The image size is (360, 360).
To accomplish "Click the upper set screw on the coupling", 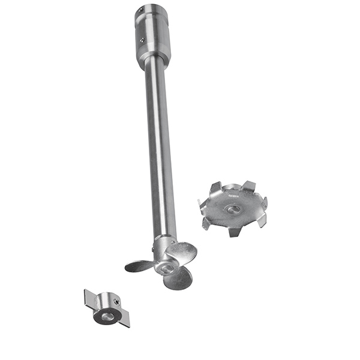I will (x=139, y=11).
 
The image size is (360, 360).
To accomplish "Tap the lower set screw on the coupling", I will (x=142, y=40).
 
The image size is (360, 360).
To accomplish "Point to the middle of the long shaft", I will (x=160, y=144).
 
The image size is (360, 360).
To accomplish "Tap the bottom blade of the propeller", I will (x=178, y=278).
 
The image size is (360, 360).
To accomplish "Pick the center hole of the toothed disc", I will (x=233, y=209).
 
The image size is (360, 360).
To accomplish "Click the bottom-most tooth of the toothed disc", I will (x=234, y=230).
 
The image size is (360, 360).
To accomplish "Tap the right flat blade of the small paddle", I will (x=124, y=319).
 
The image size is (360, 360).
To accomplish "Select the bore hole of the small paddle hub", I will (x=106, y=314).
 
